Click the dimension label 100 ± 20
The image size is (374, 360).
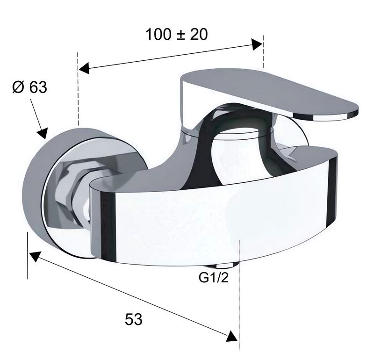pyautogui.click(x=177, y=34)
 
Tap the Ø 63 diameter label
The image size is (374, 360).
pyautogui.click(x=29, y=87)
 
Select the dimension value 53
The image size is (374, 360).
pyautogui.click(x=134, y=319)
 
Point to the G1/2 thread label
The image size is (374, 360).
pyautogui.click(x=214, y=278)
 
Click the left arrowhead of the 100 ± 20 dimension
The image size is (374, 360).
pyautogui.click(x=84, y=68)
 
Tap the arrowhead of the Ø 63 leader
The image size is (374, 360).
pyautogui.click(x=43, y=133)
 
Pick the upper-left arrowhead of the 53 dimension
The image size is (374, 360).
pyautogui.click(x=35, y=257)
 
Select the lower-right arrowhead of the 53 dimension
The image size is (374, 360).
pyautogui.click(x=232, y=336)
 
